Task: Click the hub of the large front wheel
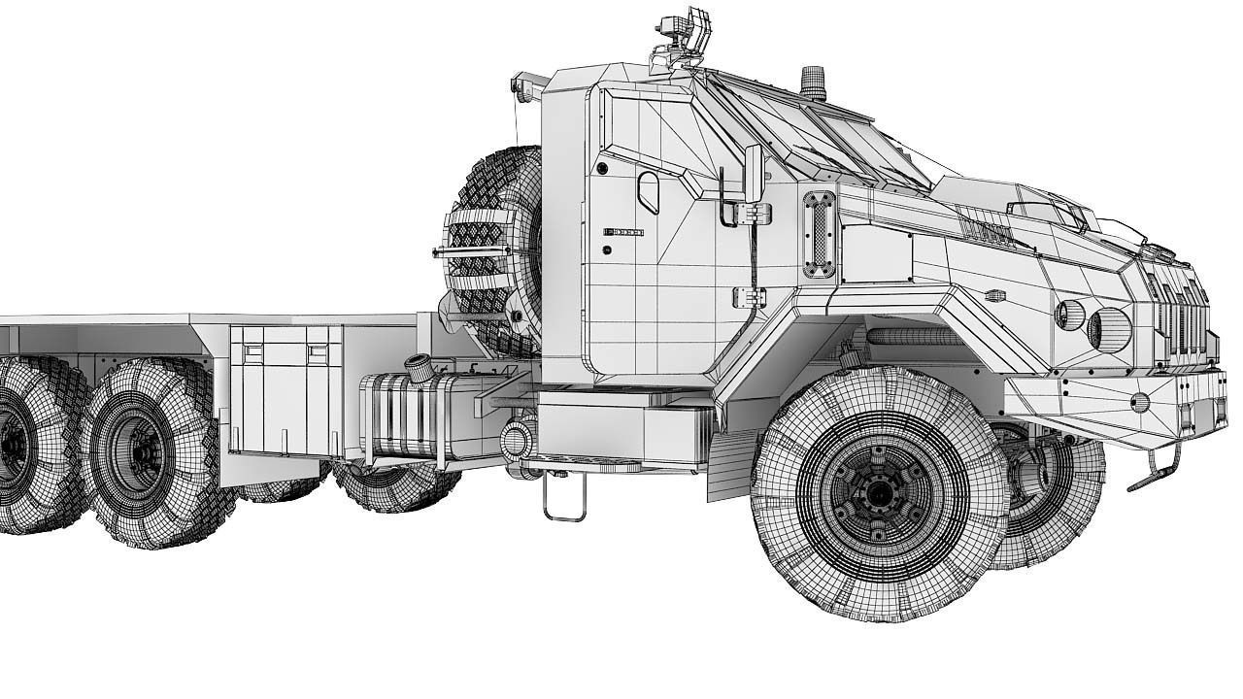click(x=878, y=493)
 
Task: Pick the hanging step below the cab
click(x=563, y=498)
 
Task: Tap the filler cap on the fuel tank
click(x=420, y=368)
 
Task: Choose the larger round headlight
click(x=1110, y=328)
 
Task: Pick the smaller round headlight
click(x=1069, y=315)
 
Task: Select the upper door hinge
click(x=754, y=213)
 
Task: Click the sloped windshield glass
click(x=825, y=136)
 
